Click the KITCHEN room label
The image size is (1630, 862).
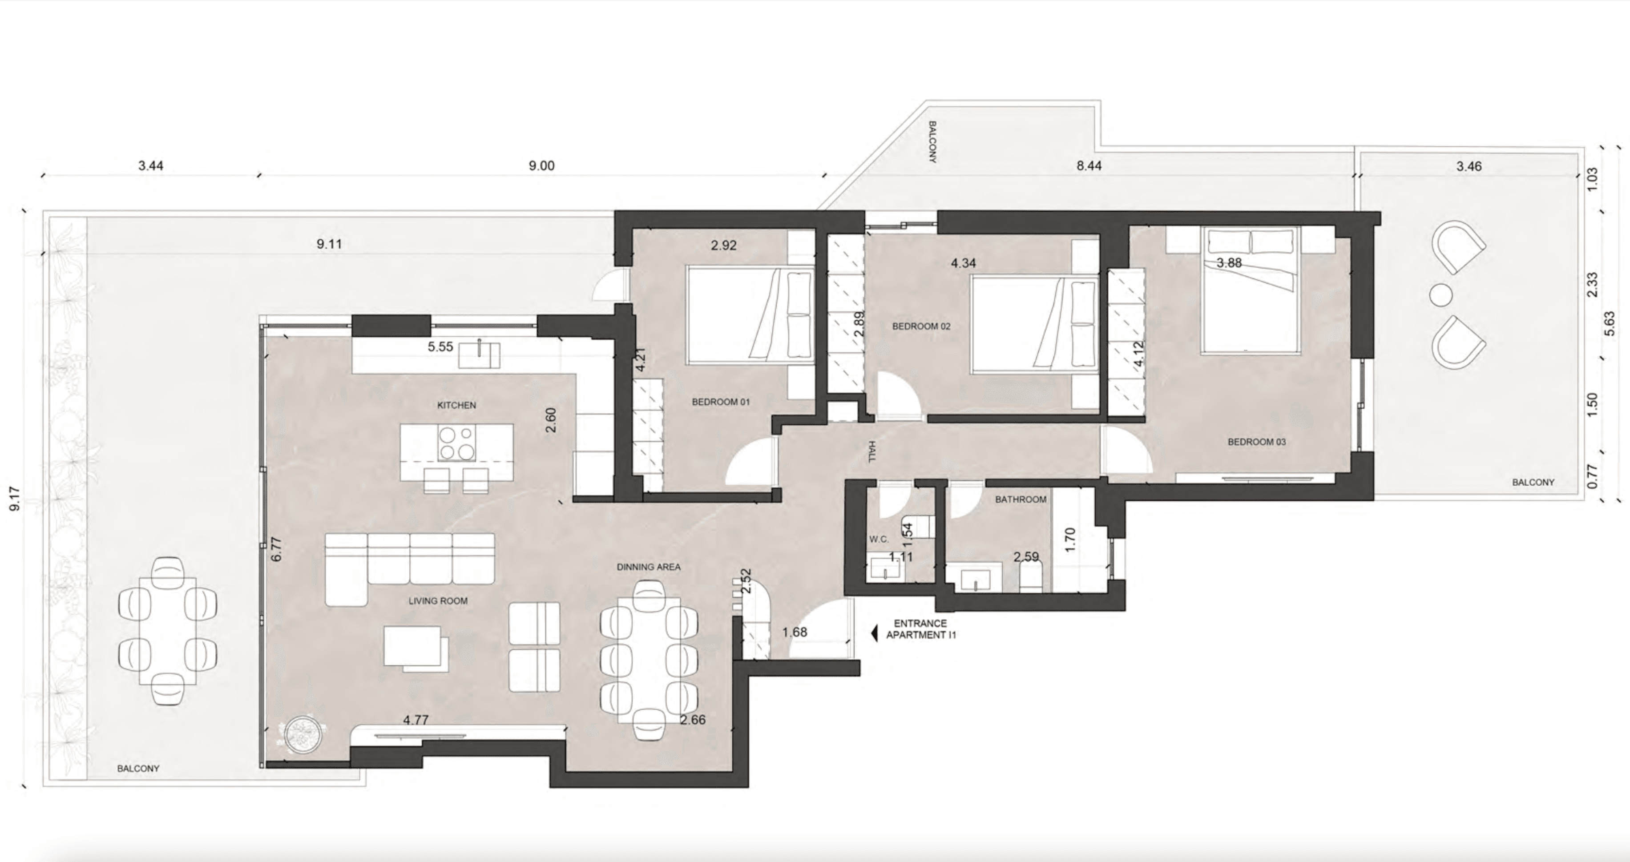click(x=456, y=405)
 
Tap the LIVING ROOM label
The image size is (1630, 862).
click(x=438, y=601)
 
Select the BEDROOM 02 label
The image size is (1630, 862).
click(x=921, y=326)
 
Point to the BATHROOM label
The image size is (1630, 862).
click(x=1021, y=499)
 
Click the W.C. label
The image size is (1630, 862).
click(x=879, y=540)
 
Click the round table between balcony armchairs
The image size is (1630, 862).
click(x=1441, y=295)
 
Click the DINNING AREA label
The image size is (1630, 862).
click(x=649, y=567)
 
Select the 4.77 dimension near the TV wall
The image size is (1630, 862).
click(x=416, y=720)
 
